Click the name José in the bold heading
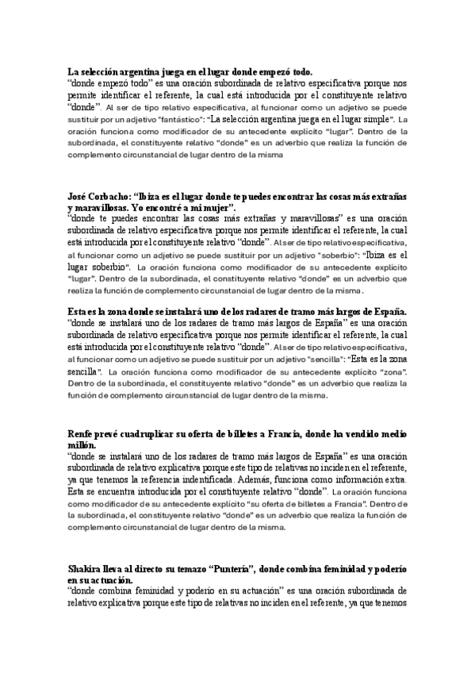coord(79,195)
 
